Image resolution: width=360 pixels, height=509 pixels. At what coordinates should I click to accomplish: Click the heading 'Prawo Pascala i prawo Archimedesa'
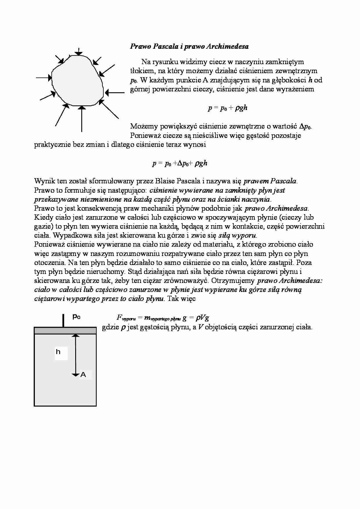(189, 46)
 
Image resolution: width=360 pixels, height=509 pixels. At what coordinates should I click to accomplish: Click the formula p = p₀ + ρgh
(228, 108)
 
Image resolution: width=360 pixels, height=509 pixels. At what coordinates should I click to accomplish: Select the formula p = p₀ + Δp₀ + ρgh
(180, 163)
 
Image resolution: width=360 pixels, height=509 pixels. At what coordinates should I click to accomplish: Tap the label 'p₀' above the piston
(76, 317)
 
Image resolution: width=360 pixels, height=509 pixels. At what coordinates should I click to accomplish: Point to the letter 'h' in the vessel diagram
(58, 352)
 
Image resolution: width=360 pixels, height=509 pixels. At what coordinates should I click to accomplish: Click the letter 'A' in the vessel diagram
(83, 375)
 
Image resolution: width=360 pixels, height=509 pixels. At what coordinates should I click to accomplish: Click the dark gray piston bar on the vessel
(65, 331)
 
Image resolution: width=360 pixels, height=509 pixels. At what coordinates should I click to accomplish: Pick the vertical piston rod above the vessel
(63, 320)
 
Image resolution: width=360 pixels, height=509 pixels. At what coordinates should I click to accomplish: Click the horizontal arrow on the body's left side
(44, 77)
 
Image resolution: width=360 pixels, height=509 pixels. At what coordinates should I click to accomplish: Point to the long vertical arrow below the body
(82, 119)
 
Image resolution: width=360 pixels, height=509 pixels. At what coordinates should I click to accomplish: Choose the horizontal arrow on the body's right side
(114, 93)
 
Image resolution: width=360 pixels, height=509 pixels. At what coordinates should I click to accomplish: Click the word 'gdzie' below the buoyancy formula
(110, 328)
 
